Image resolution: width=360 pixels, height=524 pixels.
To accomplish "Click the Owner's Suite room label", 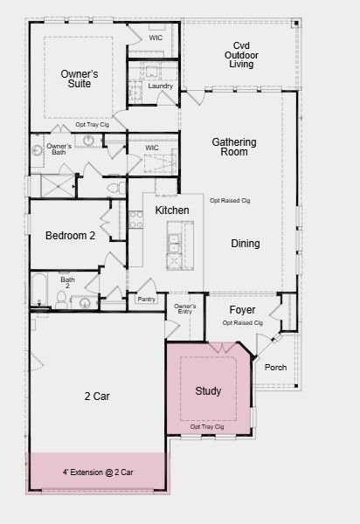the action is pyautogui.click(x=80, y=79).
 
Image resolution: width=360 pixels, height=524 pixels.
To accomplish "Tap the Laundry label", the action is pyautogui.click(x=161, y=86).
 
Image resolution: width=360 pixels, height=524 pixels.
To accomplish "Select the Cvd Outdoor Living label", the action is pyautogui.click(x=241, y=55).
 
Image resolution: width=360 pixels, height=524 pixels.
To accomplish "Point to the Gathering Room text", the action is pyautogui.click(x=234, y=147).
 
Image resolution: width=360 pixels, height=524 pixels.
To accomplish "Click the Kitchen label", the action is pyautogui.click(x=172, y=210).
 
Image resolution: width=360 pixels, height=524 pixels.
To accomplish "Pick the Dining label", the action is pyautogui.click(x=246, y=244).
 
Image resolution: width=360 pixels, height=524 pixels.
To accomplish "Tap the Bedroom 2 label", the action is pyautogui.click(x=70, y=236).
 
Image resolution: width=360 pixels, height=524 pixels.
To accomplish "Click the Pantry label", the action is pyautogui.click(x=147, y=299).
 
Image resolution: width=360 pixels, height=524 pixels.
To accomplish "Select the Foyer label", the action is pyautogui.click(x=242, y=310).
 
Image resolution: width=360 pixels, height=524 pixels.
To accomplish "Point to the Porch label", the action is pyautogui.click(x=275, y=368).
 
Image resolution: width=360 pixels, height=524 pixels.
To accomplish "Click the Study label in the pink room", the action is pyautogui.click(x=208, y=390).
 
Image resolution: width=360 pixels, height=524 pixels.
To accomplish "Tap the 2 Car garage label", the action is pyautogui.click(x=97, y=396).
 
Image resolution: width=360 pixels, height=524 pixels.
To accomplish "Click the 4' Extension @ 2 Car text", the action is pyautogui.click(x=98, y=472).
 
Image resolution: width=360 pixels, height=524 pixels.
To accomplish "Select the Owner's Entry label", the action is pyautogui.click(x=185, y=309).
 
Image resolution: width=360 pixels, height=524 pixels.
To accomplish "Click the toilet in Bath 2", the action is pyautogui.click(x=61, y=299).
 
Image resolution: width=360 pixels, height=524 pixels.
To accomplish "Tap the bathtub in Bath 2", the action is pyautogui.click(x=38, y=289).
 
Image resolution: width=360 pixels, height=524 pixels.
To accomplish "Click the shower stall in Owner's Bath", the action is pyautogui.click(x=58, y=186).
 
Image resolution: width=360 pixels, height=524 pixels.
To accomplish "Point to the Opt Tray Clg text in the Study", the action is pyautogui.click(x=207, y=427).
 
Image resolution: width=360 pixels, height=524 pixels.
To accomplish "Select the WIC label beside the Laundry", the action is pyautogui.click(x=156, y=38).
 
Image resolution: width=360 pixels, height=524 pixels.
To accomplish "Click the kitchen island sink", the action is pyautogui.click(x=173, y=244).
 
